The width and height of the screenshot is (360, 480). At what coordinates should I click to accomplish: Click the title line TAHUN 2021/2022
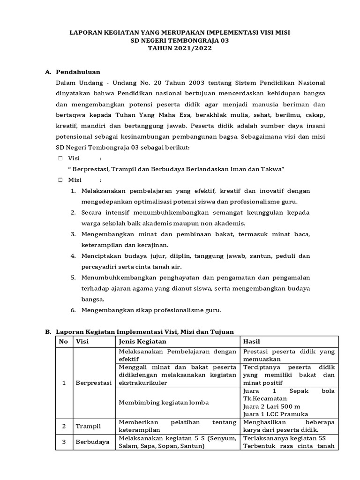pos(180,48)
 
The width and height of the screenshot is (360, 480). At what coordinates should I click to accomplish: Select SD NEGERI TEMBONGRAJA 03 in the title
pos(180,40)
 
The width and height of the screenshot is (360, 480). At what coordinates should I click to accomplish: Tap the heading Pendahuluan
pos(78,72)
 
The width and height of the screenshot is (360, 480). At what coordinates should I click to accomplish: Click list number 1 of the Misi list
pos(73,191)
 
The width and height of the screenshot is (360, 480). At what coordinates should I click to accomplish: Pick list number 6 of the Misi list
pos(73,310)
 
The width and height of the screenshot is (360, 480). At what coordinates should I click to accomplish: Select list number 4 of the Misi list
pos(73,256)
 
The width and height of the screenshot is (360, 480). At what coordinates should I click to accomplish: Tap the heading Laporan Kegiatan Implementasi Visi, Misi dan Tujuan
pos(144,331)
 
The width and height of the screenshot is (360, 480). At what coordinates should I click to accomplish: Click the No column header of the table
pos(64,342)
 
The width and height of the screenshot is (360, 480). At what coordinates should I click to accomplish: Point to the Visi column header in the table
pos(82,342)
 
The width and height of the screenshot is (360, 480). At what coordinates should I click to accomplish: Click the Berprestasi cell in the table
pos(94,383)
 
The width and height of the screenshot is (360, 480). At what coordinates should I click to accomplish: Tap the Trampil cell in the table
pos(89,426)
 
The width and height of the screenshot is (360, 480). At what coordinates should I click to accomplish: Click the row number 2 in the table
pos(64,426)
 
